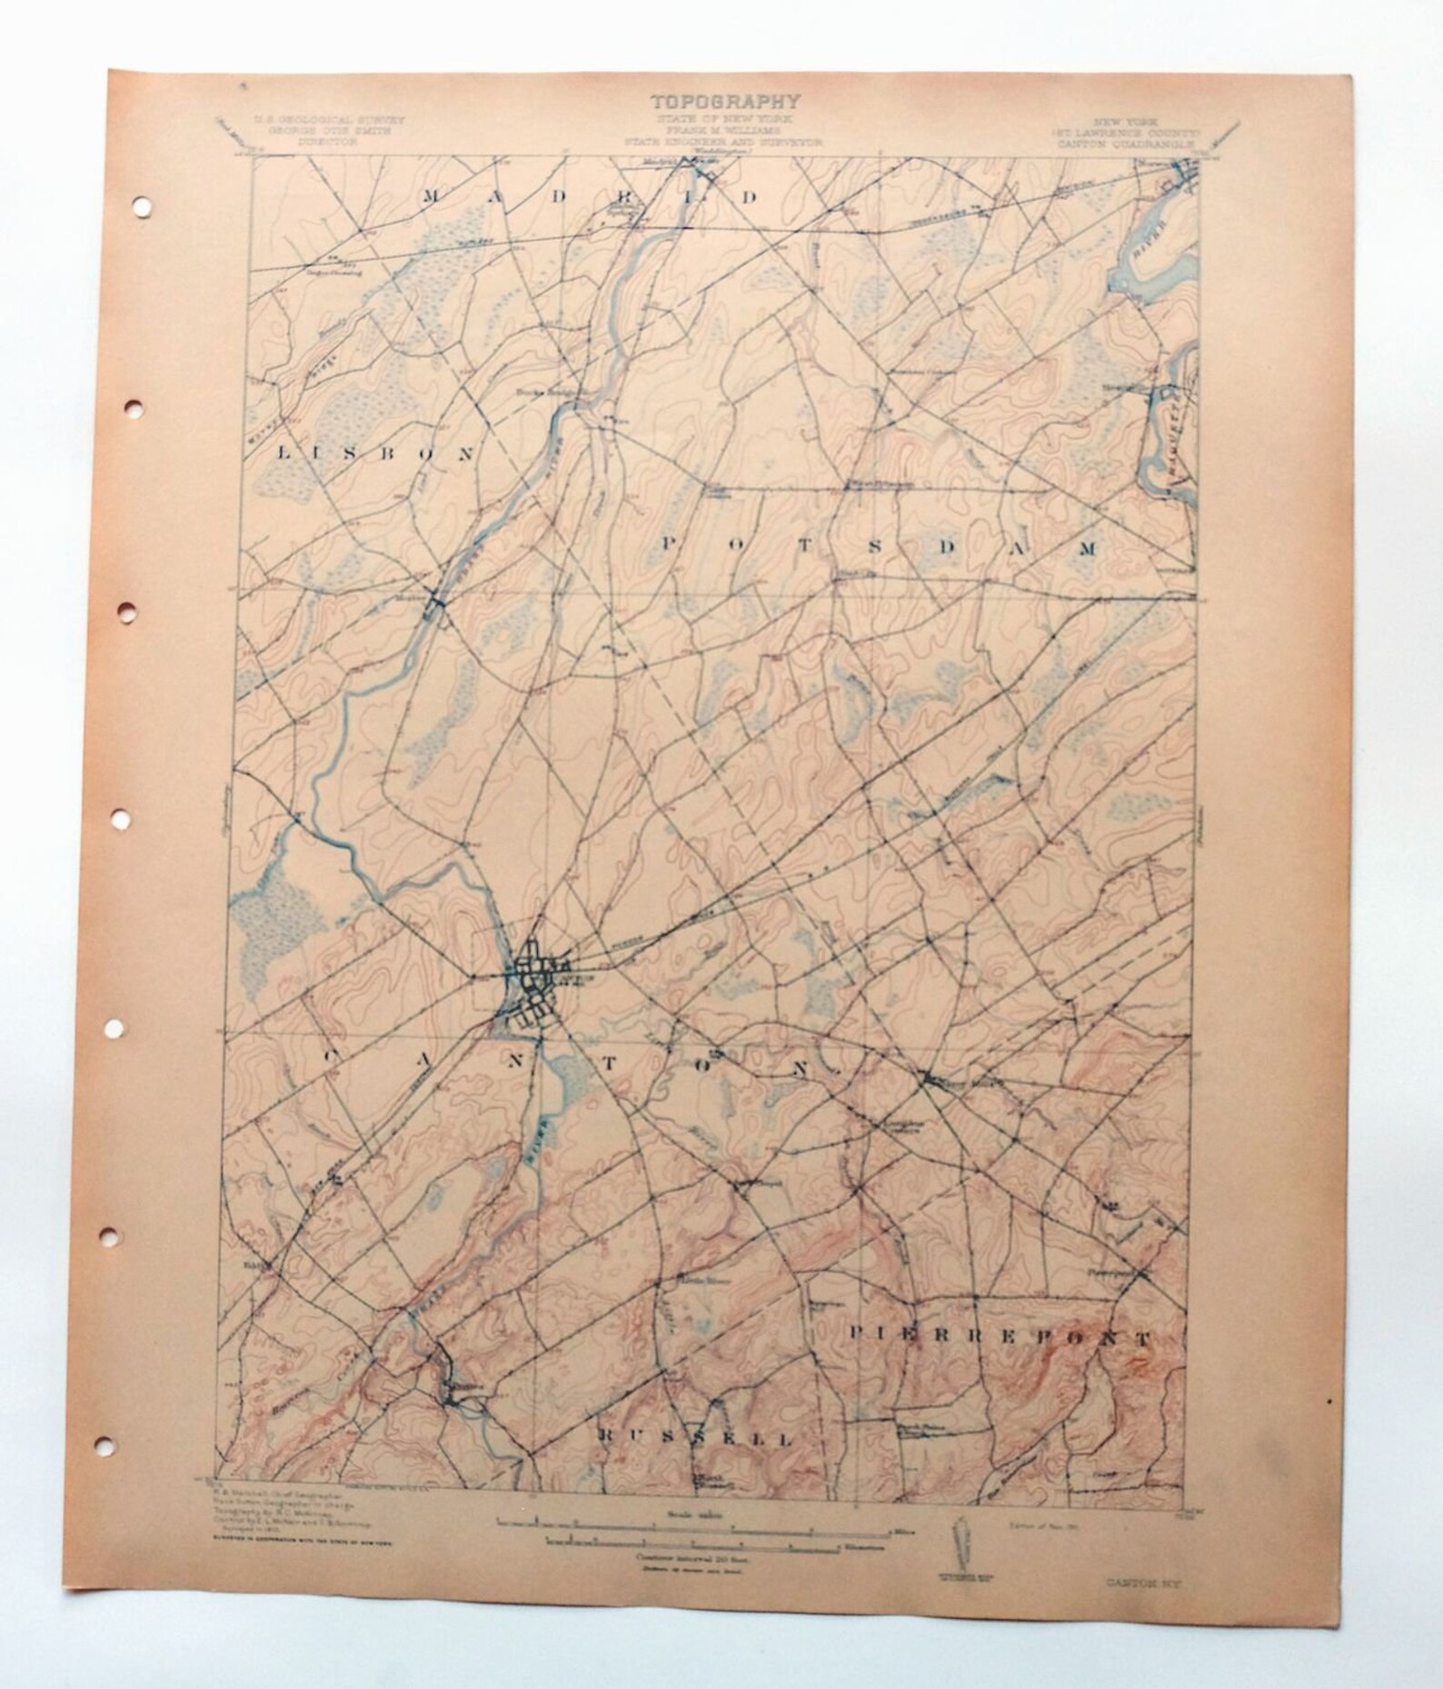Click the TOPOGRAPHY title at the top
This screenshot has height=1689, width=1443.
[723, 101]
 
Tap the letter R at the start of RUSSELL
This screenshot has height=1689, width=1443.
[606, 1434]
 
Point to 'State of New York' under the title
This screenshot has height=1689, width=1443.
[723, 119]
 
